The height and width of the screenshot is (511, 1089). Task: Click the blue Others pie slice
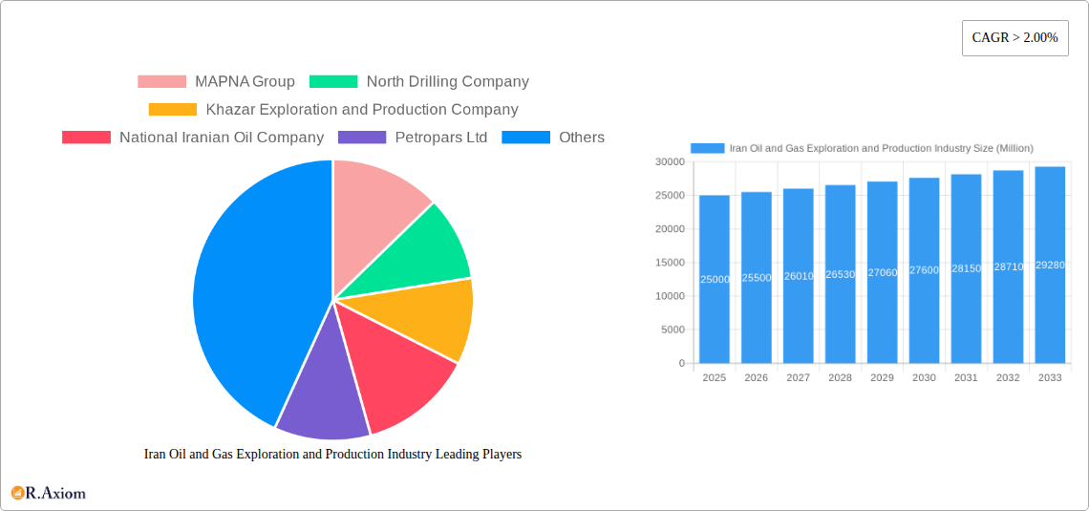pos(248,296)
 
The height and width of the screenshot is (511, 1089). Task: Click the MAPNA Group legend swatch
pos(161,82)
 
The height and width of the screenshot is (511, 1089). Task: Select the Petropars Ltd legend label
pos(440,138)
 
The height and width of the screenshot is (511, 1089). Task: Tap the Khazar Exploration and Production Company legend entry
pos(361,110)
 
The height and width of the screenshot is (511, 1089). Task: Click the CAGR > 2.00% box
pos(1014,38)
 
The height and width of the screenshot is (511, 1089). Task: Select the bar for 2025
pos(715,279)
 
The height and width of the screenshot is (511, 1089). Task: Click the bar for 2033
pos(1050,266)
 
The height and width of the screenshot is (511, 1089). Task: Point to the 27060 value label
pos(882,273)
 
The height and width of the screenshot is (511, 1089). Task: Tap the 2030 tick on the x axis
pos(924,378)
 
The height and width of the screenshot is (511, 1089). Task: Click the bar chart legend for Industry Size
pos(862,148)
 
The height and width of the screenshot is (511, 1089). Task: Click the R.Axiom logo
pos(49,493)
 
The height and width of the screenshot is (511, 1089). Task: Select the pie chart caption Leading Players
pos(332,455)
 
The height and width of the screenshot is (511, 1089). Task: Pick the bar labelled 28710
pos(1008,267)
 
